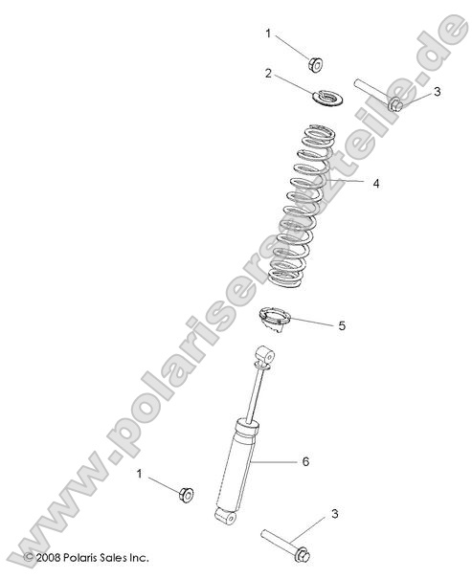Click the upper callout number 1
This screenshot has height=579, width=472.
coord(269,33)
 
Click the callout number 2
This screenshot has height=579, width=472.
coord(269,73)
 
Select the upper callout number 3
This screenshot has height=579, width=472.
coord(437,92)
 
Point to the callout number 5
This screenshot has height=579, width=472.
coord(342,325)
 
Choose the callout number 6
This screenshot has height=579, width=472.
coord(305,462)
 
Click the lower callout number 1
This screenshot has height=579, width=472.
coord(140,474)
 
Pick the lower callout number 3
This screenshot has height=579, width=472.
coord(334,515)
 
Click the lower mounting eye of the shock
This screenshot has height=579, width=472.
coord(223,518)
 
